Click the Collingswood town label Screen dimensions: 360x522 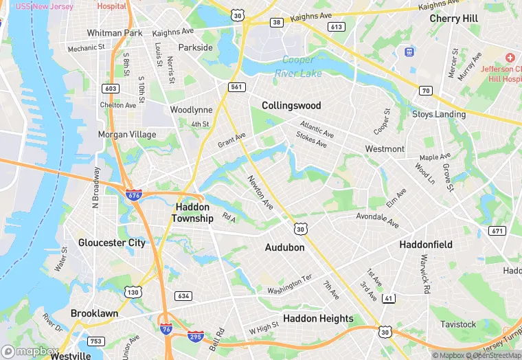point(291,105)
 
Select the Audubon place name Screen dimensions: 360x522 point(284,247)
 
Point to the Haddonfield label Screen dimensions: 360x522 point(426,244)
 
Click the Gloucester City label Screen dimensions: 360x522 point(111,243)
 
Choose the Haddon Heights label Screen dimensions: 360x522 point(318,318)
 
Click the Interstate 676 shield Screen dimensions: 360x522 point(134,194)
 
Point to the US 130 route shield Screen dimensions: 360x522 point(133,293)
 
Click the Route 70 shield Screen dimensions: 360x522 point(425,90)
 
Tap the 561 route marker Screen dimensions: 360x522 point(237,87)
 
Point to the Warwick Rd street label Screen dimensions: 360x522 point(426,271)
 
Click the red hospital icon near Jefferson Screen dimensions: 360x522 point(510,58)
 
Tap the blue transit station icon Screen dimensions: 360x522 point(410,52)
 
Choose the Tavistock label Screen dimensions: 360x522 point(458,324)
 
